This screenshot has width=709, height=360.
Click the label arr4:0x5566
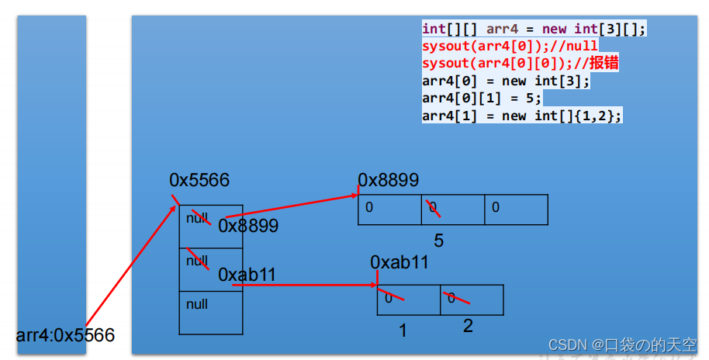tap(65, 336)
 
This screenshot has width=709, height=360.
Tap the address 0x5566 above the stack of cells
tap(199, 180)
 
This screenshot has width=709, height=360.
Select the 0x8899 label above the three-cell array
tap(388, 180)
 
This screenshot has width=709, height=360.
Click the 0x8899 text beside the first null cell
tap(248, 226)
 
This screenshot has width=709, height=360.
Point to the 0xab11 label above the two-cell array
tap(399, 262)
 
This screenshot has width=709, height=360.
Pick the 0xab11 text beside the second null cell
tap(247, 275)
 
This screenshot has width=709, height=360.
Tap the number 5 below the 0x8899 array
tap(438, 241)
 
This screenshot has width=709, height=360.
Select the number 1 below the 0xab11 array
tap(403, 331)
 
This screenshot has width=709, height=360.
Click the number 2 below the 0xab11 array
tap(468, 326)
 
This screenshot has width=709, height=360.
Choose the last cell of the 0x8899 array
tap(516, 209)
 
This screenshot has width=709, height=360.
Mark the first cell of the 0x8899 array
tap(389, 209)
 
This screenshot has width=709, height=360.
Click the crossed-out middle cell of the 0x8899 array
tap(452, 209)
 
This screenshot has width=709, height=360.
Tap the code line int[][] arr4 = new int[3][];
tap(534, 29)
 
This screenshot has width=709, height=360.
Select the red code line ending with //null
tap(510, 46)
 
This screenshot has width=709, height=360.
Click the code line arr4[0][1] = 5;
tap(482, 99)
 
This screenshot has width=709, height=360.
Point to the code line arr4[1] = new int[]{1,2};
tap(522, 116)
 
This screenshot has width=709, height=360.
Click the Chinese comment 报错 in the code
tap(606, 63)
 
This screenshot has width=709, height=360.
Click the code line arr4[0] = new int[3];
tap(506, 81)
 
